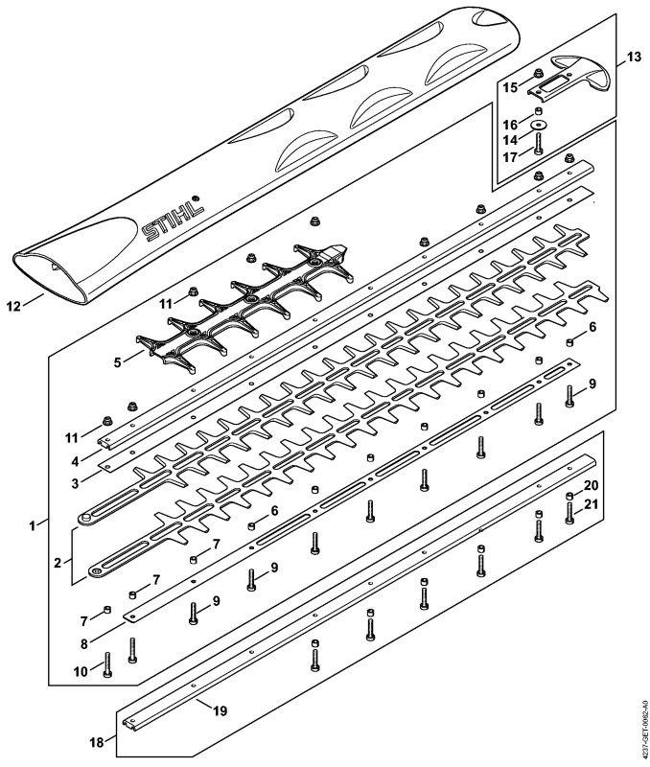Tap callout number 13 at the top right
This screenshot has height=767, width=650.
click(633, 58)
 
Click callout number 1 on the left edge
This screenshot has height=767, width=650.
click(35, 524)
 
